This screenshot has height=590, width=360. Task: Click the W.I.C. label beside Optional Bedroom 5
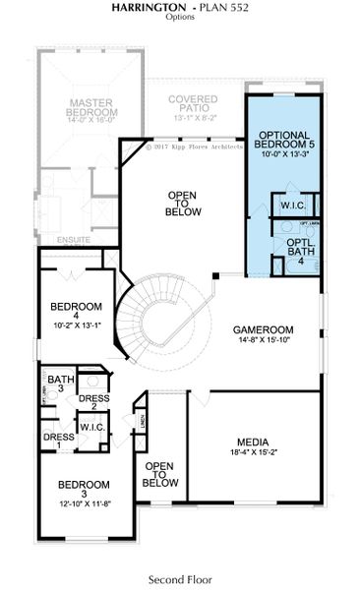(291, 206)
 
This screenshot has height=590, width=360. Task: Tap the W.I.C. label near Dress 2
(93, 427)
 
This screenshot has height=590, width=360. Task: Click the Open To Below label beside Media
(160, 474)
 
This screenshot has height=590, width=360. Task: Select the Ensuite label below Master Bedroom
(75, 239)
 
